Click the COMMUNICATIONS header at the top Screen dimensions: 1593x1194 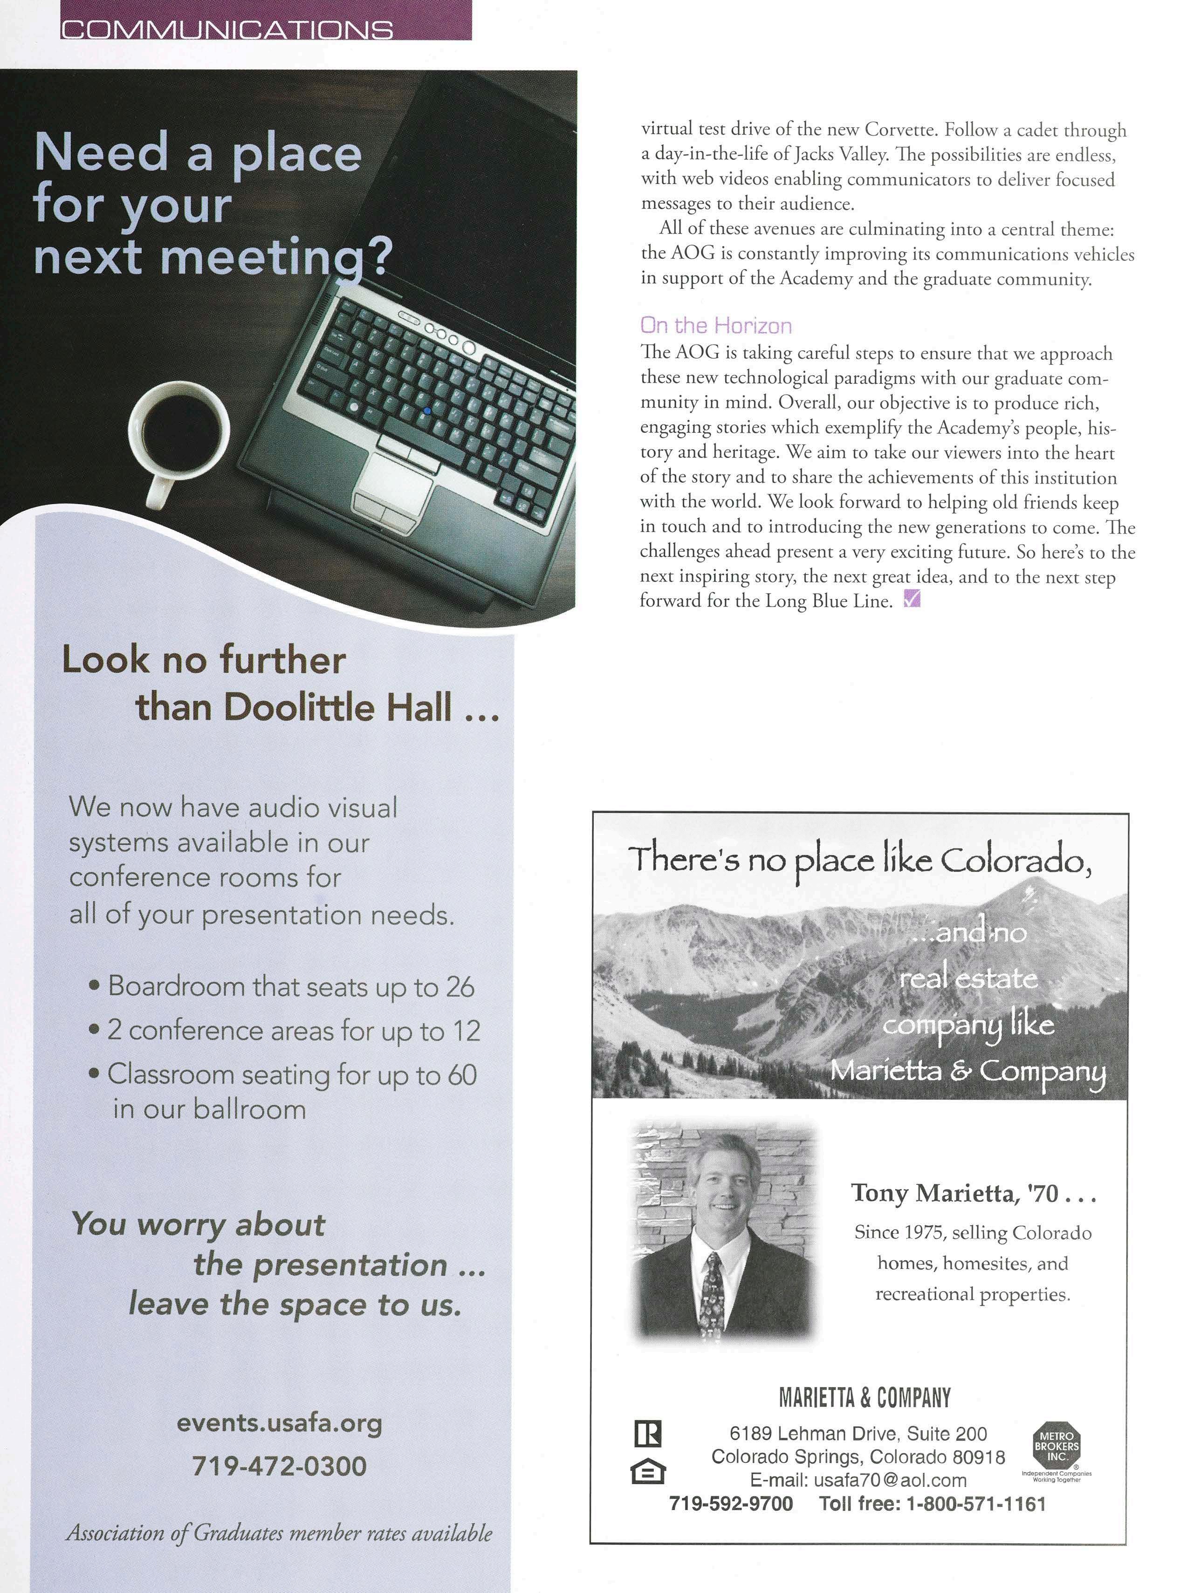(x=227, y=29)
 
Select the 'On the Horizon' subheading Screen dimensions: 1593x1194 (x=716, y=326)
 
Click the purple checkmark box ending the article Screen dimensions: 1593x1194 (x=911, y=598)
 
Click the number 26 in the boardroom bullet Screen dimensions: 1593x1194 (x=460, y=987)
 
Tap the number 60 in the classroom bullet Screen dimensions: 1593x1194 (x=461, y=1074)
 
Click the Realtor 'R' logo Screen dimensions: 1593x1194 (x=647, y=1433)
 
